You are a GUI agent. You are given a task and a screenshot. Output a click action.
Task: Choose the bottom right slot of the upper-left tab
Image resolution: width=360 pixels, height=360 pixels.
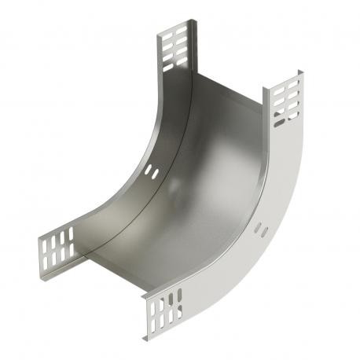point(182,60)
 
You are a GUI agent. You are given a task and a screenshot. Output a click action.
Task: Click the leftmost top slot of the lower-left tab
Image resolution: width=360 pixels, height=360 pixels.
point(44,241)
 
